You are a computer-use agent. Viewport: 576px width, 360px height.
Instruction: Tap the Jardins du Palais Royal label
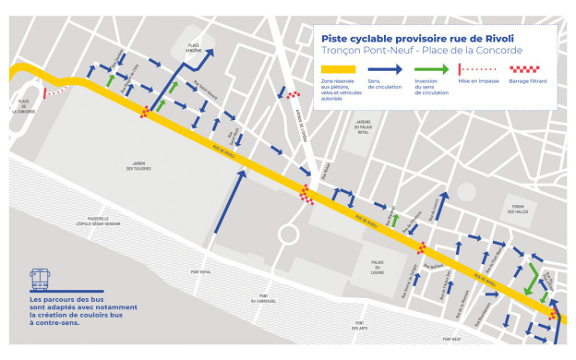363,126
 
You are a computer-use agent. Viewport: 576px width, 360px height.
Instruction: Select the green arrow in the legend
431,70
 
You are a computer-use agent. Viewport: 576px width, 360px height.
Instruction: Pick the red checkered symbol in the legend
527,70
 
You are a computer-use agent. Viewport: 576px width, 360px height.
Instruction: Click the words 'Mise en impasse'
478,82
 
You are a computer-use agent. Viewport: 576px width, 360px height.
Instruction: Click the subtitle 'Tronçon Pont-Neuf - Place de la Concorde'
421,51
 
